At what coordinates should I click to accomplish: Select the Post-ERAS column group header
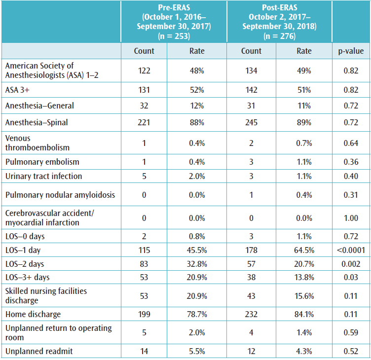coord(279,22)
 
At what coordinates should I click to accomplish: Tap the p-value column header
coord(351,51)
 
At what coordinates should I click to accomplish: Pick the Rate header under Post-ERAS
coord(304,51)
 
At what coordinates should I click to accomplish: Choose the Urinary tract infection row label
coord(43,176)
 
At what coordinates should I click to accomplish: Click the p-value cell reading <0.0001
coord(351,251)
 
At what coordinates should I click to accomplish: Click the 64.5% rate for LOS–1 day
coord(304,251)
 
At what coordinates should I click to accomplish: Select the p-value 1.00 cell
coord(351,217)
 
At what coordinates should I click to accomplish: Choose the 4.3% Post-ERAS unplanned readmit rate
coord(304,351)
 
